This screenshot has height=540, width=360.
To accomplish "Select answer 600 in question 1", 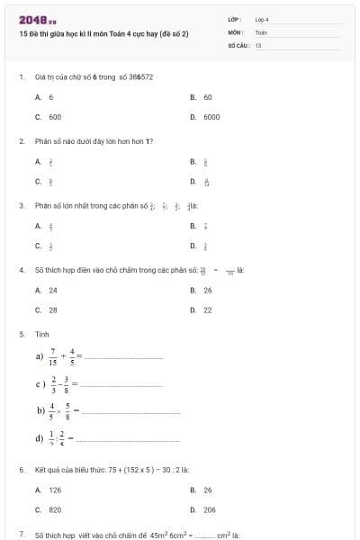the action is (54, 117).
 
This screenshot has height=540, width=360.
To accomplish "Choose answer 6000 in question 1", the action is (211, 117).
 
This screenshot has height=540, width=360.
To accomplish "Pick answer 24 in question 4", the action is (52, 290).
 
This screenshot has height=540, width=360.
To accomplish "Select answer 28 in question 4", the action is (52, 310).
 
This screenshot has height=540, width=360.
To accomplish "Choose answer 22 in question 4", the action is (208, 310).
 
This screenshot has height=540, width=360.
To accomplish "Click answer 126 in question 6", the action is (54, 490).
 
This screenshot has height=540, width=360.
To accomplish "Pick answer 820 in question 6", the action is (54, 509).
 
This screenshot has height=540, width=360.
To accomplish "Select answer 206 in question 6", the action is (210, 509).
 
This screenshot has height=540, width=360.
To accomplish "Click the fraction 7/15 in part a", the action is (53, 356).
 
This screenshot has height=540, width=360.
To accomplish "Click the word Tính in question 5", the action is (41, 334).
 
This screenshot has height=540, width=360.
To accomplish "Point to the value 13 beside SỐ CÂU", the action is (258, 44).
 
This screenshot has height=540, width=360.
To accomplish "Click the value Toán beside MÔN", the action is (261, 31).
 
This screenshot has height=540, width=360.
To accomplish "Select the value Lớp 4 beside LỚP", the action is (262, 19).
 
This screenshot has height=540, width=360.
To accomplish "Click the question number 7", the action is (21, 535).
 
